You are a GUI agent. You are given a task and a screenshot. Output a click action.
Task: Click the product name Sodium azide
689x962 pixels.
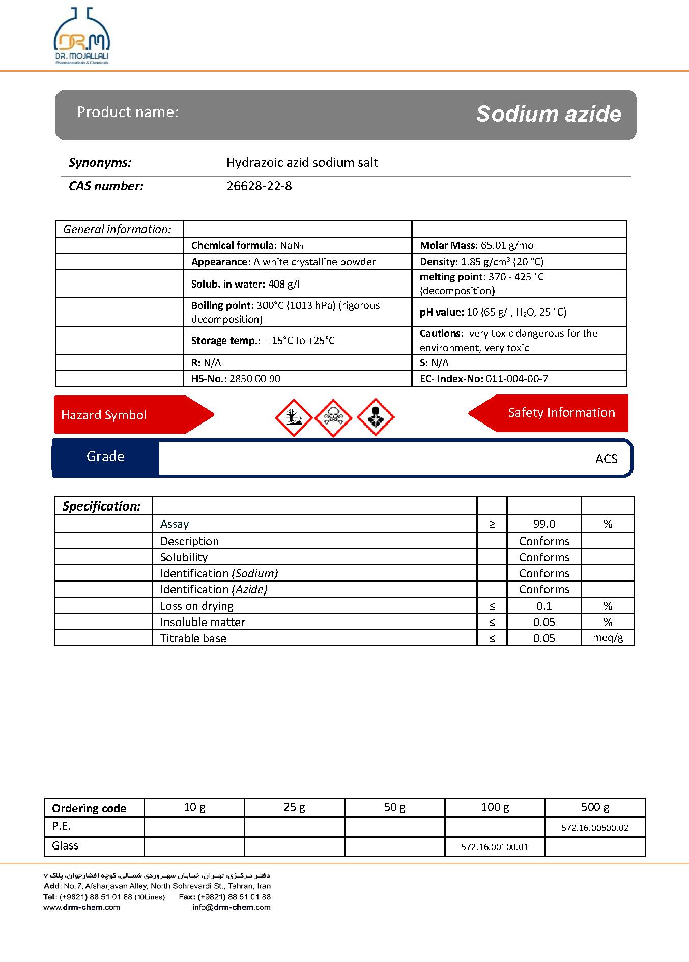(x=548, y=114)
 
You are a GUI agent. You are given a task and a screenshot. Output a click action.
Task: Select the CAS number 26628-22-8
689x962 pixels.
(x=259, y=186)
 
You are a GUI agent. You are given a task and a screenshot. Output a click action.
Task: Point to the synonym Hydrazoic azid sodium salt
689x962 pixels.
(x=302, y=163)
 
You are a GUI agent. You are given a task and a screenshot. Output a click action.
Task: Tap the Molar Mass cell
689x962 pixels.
(x=477, y=245)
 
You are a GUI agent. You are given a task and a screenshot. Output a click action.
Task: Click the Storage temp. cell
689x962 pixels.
(x=263, y=341)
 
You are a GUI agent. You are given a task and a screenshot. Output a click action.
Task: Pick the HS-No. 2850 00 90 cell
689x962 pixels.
(x=236, y=379)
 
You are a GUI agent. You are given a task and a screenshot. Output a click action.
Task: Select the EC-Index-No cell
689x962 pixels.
(x=483, y=379)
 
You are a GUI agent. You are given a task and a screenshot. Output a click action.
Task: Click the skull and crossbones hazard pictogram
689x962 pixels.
(x=333, y=418)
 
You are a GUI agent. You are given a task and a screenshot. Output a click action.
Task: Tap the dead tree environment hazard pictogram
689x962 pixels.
(x=294, y=418)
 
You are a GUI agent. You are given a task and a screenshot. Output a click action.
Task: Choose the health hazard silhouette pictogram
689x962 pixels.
(x=375, y=417)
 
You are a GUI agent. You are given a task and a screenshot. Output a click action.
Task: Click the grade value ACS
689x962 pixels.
(x=606, y=459)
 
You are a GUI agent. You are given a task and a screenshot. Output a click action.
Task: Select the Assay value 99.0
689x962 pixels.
(x=544, y=524)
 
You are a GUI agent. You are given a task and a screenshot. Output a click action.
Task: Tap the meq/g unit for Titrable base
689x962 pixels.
(x=608, y=638)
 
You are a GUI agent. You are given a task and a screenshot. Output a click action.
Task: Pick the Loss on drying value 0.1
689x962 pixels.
(x=544, y=606)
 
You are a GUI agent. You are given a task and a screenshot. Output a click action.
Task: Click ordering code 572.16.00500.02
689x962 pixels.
(x=595, y=828)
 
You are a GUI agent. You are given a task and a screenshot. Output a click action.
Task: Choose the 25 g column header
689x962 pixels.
(x=294, y=807)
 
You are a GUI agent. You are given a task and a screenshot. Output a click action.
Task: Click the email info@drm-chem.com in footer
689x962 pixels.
(x=232, y=907)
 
